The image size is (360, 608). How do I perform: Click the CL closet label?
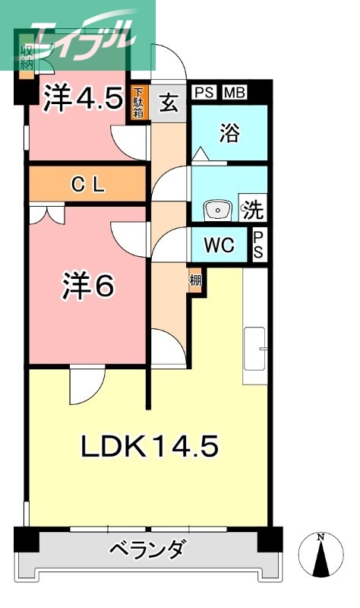coord(87,184)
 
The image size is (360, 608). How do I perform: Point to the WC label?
coord(217,245)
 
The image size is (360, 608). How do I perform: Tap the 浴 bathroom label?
coord(229,134)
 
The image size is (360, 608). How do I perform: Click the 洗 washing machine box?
coord(253,208)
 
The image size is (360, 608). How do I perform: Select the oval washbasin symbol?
coord(218,208)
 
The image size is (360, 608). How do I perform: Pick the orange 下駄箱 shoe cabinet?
coord(138,102)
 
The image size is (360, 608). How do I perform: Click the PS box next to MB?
coord(204,92)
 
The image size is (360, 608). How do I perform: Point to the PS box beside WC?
coord(258,245)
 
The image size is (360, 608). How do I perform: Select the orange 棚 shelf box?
coord(196,280)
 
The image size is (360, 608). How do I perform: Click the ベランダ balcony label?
coord(146,549)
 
